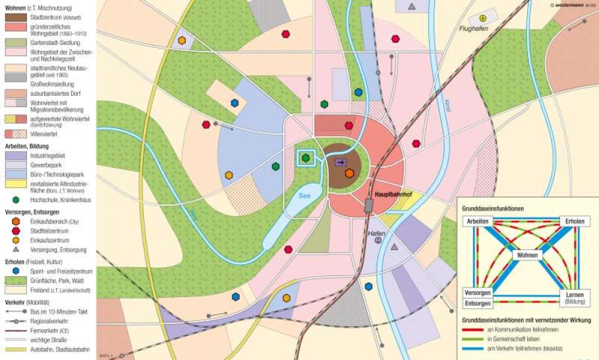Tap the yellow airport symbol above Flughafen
coord(483,19)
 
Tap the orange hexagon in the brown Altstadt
coord(350,173)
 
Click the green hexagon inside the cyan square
coord(306,158)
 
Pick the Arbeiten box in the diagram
coord(476,222)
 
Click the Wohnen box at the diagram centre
coord(526,255)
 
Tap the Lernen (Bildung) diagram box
coord(575,297)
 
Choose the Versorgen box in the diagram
coord(477,293)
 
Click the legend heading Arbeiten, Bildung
coord(26,146)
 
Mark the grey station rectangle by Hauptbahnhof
coord(369,205)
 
